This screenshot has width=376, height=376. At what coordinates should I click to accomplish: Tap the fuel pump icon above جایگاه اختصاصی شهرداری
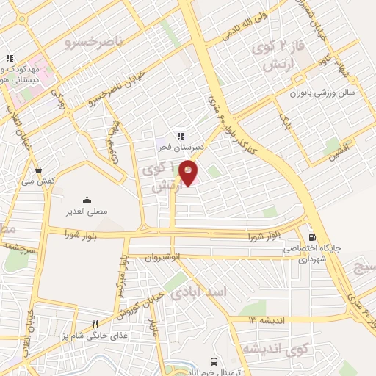point(314,237)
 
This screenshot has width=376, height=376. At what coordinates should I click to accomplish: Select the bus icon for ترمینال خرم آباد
point(214,361)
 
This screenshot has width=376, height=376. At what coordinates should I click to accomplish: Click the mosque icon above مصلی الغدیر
point(87,199)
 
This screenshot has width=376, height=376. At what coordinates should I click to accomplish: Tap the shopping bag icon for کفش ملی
point(37,170)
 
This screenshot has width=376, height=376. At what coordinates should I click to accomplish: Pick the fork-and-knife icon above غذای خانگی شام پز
point(94,324)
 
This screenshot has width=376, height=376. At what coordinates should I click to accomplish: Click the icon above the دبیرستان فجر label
point(179,135)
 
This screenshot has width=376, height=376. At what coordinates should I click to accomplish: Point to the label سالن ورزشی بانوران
point(319,93)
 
